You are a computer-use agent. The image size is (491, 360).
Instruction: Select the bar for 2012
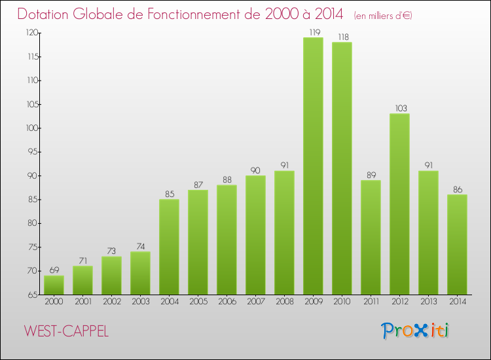pos(399,204)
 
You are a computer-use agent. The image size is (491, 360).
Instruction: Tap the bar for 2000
pos(54,285)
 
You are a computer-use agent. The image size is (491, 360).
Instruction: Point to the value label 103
pos(399,107)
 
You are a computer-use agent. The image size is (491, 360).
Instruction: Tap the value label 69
pos(54,269)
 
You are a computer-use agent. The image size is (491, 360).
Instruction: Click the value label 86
pos(457,188)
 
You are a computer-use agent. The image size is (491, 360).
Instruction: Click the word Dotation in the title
pos(48,14)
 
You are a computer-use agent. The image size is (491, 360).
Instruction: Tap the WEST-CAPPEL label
pos(66,331)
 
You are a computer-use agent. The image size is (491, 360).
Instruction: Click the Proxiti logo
pos(415,331)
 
